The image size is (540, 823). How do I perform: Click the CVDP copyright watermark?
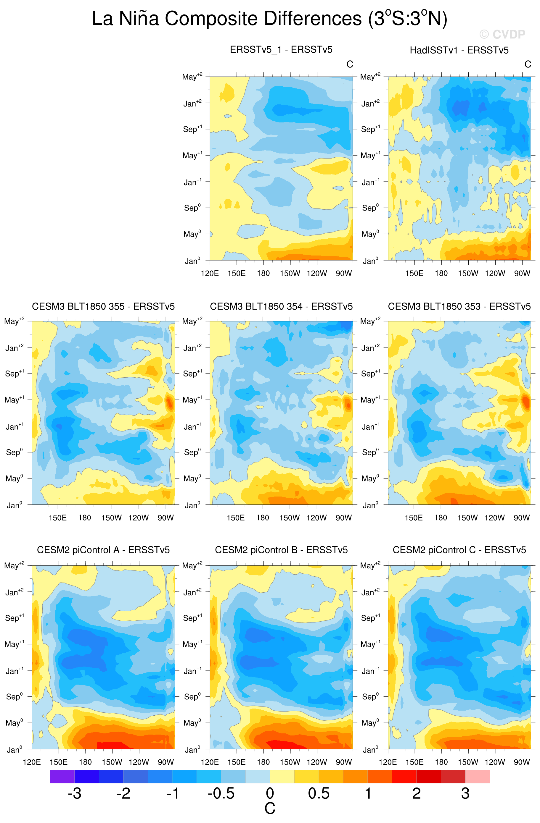[502, 34]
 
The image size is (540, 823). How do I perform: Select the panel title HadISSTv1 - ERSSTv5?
[459, 51]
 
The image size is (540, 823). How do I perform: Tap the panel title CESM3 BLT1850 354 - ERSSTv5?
[281, 306]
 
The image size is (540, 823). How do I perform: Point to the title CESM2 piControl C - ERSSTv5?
[459, 550]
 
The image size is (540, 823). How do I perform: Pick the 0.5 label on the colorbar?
[319, 793]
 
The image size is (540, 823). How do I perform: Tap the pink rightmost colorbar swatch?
[477, 776]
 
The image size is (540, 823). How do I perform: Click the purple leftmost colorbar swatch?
[62, 776]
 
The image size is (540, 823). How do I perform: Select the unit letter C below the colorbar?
[270, 809]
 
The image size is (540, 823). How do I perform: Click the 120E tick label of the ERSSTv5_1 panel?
[210, 274]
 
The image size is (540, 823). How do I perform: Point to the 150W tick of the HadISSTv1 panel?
[468, 274]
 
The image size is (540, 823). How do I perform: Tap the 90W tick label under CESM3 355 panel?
[165, 518]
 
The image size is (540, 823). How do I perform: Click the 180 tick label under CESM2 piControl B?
[263, 762]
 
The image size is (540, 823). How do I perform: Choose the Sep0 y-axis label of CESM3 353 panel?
[370, 452]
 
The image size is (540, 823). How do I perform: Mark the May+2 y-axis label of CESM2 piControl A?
[14, 565]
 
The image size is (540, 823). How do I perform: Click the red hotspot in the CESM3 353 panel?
[525, 402]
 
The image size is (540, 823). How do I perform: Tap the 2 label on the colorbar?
[417, 793]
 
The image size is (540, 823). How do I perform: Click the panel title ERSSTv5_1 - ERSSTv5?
[281, 50]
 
